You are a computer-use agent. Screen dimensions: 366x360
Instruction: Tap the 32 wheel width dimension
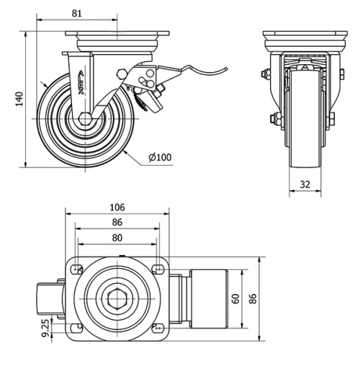(x=305, y=184)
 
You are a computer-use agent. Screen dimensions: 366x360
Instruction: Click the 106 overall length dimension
(x=117, y=207)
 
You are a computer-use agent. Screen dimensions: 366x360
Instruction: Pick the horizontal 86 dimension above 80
(x=117, y=223)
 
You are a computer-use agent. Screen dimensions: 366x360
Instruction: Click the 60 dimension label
(x=235, y=298)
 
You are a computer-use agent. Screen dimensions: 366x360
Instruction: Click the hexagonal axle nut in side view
(x=85, y=120)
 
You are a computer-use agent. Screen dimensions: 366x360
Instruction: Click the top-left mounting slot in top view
(x=73, y=270)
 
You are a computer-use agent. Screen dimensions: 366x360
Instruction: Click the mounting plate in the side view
(x=117, y=34)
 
